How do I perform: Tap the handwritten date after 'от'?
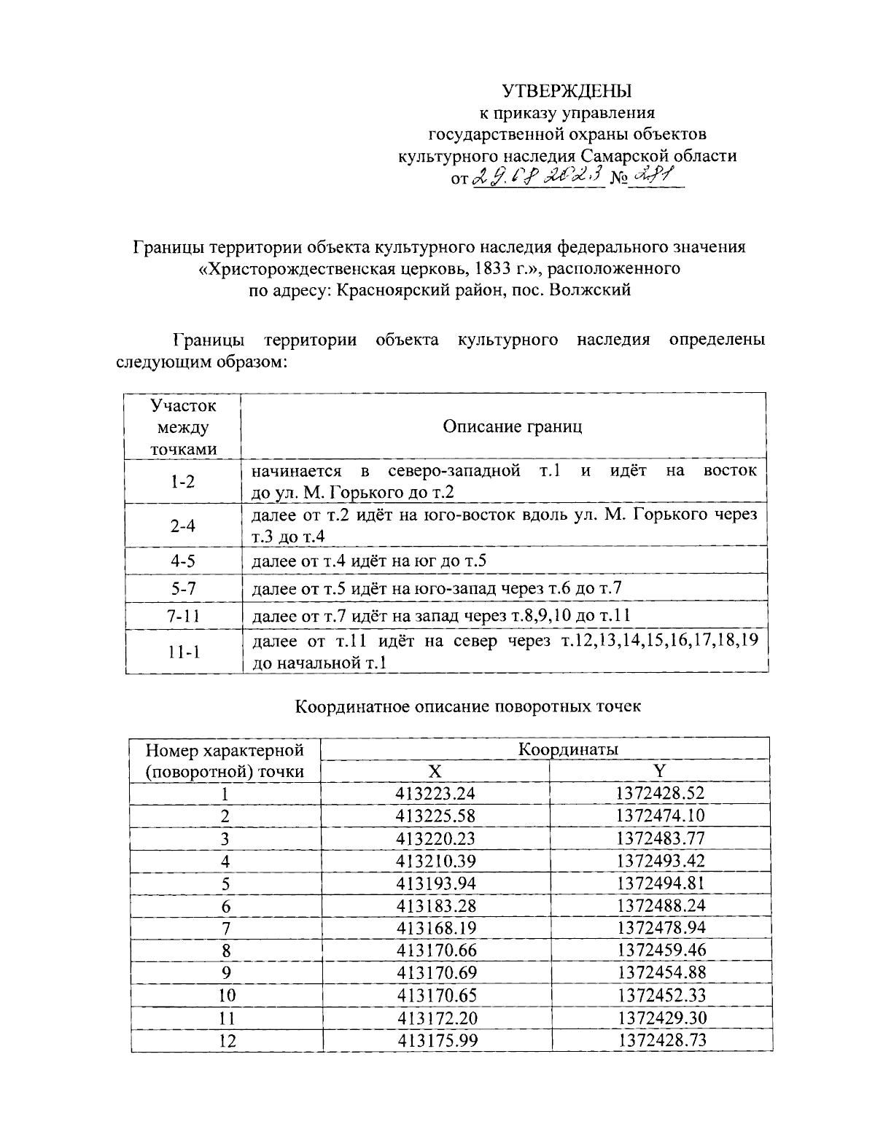(x=538, y=176)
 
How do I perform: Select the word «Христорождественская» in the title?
(x=300, y=268)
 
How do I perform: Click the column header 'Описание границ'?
(x=513, y=426)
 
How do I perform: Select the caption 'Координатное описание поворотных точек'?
(x=468, y=706)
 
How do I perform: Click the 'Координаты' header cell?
(x=568, y=749)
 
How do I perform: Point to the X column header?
(x=435, y=771)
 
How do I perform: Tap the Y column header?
(x=660, y=771)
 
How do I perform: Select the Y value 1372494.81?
(x=661, y=883)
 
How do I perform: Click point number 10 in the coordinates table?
(x=227, y=996)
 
